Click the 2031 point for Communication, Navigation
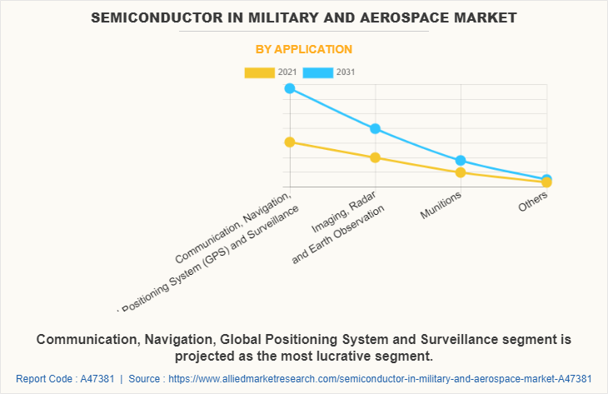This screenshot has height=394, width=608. point(289,87)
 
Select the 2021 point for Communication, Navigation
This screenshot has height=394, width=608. point(289,142)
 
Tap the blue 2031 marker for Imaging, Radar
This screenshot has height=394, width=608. point(375,128)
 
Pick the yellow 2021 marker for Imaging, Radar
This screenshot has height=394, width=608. point(375,157)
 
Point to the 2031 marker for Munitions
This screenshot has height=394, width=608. point(461,160)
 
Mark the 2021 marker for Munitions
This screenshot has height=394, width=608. point(461,172)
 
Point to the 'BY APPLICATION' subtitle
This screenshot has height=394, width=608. point(304,49)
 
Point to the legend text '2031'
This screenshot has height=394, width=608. point(346,72)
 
